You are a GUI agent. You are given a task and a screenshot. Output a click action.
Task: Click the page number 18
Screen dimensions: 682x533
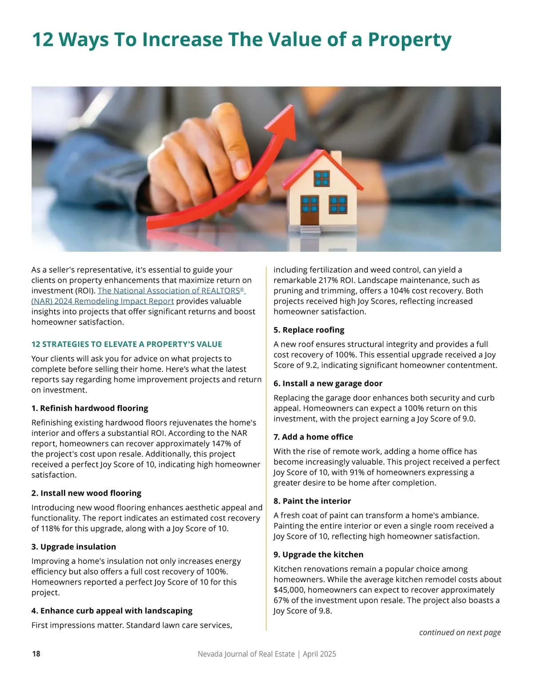(x=36, y=654)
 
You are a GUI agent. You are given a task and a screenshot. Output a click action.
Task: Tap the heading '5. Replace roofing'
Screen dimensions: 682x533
(x=309, y=330)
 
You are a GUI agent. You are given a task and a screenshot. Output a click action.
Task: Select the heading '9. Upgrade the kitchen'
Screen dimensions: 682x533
(x=318, y=554)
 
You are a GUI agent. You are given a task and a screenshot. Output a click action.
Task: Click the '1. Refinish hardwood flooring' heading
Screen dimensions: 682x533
(x=90, y=408)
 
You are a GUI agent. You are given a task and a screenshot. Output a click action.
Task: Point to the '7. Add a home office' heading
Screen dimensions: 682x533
(x=313, y=437)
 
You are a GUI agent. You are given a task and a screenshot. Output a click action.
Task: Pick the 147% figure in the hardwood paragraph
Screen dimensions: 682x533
(x=231, y=443)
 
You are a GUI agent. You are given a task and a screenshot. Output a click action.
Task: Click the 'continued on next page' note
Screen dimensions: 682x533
(x=460, y=632)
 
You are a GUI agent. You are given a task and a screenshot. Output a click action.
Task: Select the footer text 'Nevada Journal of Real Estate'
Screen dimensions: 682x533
(x=246, y=654)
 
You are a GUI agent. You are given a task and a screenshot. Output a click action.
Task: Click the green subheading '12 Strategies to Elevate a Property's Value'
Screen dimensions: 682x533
(x=127, y=344)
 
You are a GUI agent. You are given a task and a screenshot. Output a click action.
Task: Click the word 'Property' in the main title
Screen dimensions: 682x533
(x=410, y=40)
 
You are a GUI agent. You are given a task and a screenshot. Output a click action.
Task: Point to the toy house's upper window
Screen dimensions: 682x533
(x=322, y=178)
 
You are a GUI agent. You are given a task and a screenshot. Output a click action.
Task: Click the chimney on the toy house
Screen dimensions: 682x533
(x=336, y=157)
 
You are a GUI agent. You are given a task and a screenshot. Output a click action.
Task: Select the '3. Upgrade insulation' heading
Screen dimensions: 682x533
(x=74, y=546)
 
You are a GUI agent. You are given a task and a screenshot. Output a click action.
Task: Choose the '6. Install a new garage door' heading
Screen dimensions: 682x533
(x=328, y=383)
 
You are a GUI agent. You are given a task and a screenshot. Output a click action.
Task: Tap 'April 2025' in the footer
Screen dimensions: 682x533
(x=319, y=654)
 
